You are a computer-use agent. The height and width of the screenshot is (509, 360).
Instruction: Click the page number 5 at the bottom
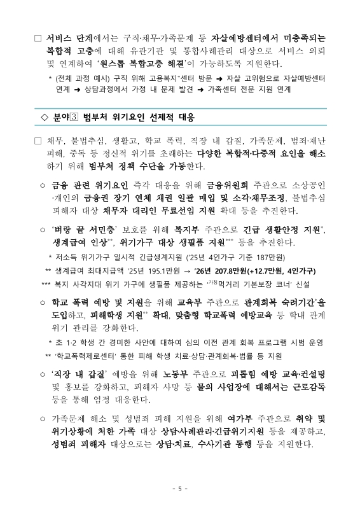coord(180,489)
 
